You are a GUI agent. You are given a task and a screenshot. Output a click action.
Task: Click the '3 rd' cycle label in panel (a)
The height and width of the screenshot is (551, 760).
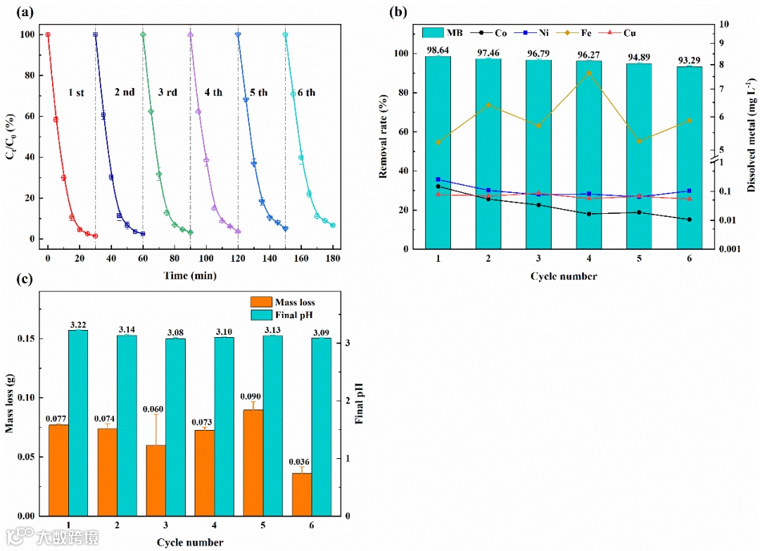pyautogui.click(x=168, y=92)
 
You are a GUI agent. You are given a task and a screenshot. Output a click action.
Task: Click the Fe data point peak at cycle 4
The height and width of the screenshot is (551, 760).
pyautogui.click(x=588, y=73)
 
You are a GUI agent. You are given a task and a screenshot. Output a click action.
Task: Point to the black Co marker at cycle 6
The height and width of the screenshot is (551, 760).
pyautogui.click(x=689, y=220)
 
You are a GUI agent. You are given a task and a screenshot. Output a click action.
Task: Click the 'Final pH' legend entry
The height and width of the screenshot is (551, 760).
pyautogui.click(x=288, y=314)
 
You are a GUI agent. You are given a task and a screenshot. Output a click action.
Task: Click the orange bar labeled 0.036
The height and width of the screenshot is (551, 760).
pyautogui.click(x=302, y=493)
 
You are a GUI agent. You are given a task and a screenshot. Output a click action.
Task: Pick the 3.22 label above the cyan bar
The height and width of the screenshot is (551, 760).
pyautogui.click(x=78, y=324)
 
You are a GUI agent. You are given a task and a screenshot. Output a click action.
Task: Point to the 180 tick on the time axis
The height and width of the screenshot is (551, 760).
pyautogui.click(x=334, y=258)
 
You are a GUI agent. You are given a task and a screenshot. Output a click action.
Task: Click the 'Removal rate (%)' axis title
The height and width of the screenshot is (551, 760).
pyautogui.click(x=384, y=137)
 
